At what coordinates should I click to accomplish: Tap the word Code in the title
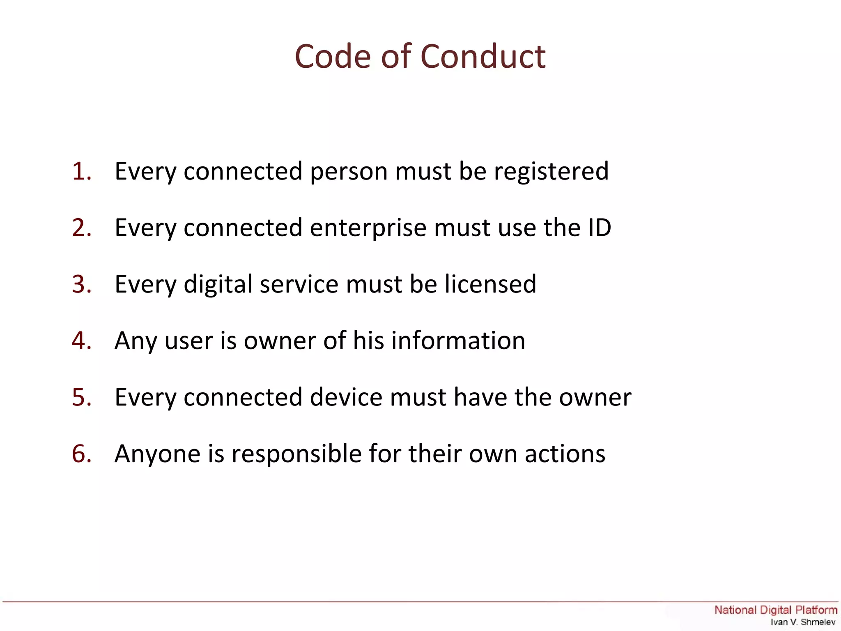(x=333, y=56)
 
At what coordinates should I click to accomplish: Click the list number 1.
(x=81, y=171)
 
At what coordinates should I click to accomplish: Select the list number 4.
(x=81, y=341)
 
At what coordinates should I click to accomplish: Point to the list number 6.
(x=81, y=454)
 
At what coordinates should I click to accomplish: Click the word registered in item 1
(x=551, y=172)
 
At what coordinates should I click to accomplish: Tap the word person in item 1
(x=349, y=172)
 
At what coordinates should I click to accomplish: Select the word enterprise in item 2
(x=368, y=228)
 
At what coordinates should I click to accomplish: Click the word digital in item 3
(x=218, y=285)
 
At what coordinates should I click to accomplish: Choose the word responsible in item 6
(x=296, y=454)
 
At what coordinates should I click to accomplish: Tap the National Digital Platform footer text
(x=776, y=610)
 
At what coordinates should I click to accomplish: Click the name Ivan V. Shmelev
(x=803, y=622)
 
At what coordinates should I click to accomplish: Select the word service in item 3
(x=299, y=284)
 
